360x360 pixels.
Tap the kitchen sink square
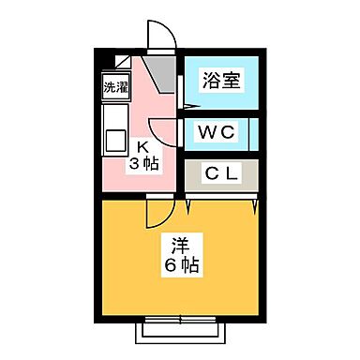tap(116, 141)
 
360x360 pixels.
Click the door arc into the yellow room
tap(155, 216)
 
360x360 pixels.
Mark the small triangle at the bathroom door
tap(177, 90)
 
